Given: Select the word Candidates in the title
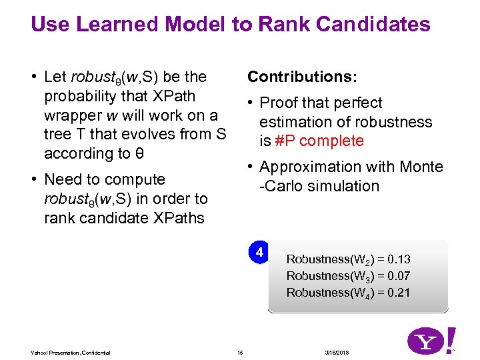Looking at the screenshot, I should point(374,25).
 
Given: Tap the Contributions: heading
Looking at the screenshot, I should point(302,77).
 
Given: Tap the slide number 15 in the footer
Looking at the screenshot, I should point(241,352).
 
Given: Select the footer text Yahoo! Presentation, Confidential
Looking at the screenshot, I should point(71,352).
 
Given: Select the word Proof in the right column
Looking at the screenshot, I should point(278,103).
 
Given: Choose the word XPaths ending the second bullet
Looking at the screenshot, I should point(180,218).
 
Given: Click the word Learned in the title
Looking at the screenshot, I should point(118,25).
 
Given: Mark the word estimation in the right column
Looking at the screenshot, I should point(292,122).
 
